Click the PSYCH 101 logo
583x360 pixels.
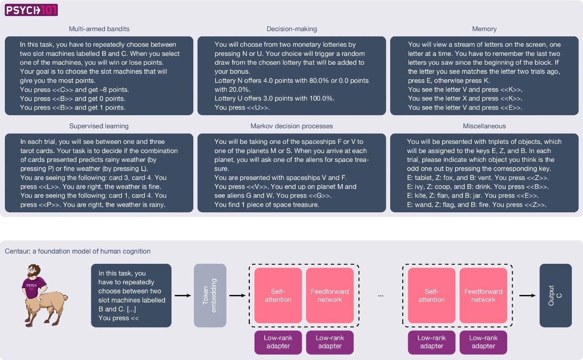[31, 10]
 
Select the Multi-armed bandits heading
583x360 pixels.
[99, 29]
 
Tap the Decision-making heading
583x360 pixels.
[291, 29]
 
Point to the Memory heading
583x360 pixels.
[484, 29]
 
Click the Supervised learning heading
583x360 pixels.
[99, 126]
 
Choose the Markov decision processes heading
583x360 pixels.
[291, 126]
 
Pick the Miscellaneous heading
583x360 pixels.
[484, 126]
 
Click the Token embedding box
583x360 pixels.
[210, 295]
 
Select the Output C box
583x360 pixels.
[556, 295]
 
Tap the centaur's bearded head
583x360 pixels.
[34, 272]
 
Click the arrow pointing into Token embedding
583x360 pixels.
[183, 295]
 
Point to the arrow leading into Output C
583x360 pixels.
[528, 295]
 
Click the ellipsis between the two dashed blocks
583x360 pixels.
[381, 296]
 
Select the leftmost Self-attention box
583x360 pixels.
[278, 295]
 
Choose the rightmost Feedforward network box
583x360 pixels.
[483, 295]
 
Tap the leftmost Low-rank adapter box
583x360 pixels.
[278, 343]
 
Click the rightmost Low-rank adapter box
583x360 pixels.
[483, 343]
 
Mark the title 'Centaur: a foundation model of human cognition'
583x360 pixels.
[78, 251]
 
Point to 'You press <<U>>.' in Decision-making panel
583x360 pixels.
[242, 107]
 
